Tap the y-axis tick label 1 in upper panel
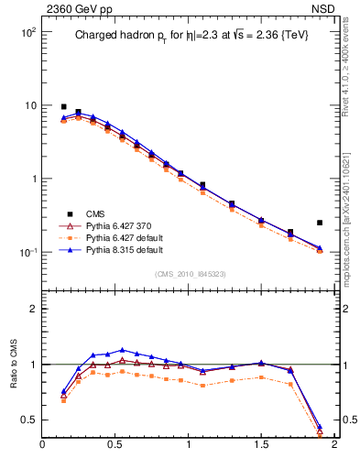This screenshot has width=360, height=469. point(31,180)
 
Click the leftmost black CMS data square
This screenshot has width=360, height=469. point(63,107)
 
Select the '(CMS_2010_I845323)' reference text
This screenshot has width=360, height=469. point(191,274)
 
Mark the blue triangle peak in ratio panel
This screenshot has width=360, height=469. point(122,350)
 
